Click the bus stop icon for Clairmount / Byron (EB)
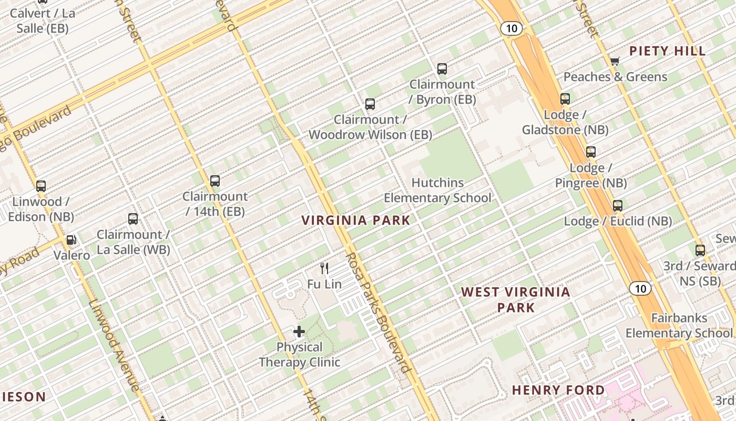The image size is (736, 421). (x=442, y=68)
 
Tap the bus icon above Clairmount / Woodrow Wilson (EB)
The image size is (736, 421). (x=370, y=104)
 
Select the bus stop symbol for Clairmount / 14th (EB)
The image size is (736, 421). (x=214, y=181)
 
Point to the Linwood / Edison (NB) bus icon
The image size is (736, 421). (x=41, y=186)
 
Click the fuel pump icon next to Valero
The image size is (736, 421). (x=71, y=240)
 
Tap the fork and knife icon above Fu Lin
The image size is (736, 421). (x=324, y=268)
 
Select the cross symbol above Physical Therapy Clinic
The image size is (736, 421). (x=299, y=332)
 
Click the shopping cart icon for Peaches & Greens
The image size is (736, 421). (x=615, y=61)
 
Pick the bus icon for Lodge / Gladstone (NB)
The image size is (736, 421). (x=565, y=99)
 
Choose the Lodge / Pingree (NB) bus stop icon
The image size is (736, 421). (x=591, y=152)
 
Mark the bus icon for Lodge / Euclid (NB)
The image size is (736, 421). (x=618, y=206)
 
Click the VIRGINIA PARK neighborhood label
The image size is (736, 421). (x=356, y=220)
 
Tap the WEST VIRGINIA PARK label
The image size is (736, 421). (x=516, y=299)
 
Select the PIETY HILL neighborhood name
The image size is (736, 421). (x=667, y=51)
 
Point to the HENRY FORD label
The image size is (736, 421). (x=558, y=390)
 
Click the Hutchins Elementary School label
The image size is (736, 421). (x=437, y=190)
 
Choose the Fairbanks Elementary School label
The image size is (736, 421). (x=679, y=325)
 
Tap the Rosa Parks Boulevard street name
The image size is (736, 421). (x=377, y=313)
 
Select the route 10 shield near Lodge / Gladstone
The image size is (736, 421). (x=511, y=28)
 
